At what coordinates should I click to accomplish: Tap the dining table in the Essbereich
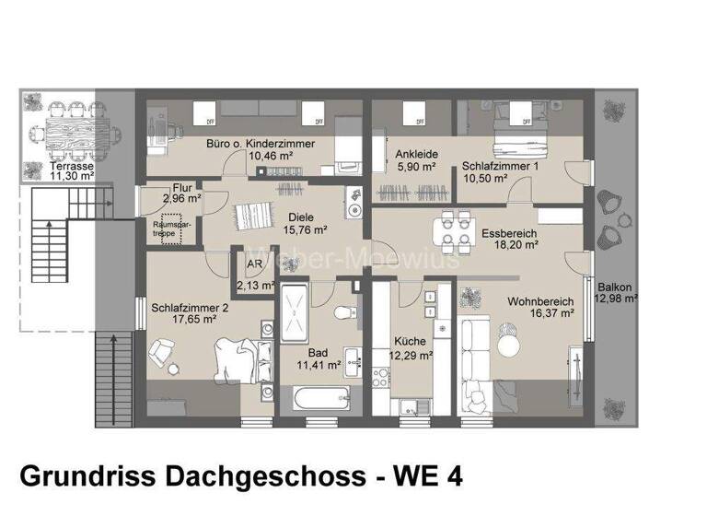pos(448,231)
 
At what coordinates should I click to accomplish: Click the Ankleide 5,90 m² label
pos(416,160)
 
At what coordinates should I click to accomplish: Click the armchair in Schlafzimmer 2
pos(164,352)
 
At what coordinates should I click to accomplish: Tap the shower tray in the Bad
pos(296,313)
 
